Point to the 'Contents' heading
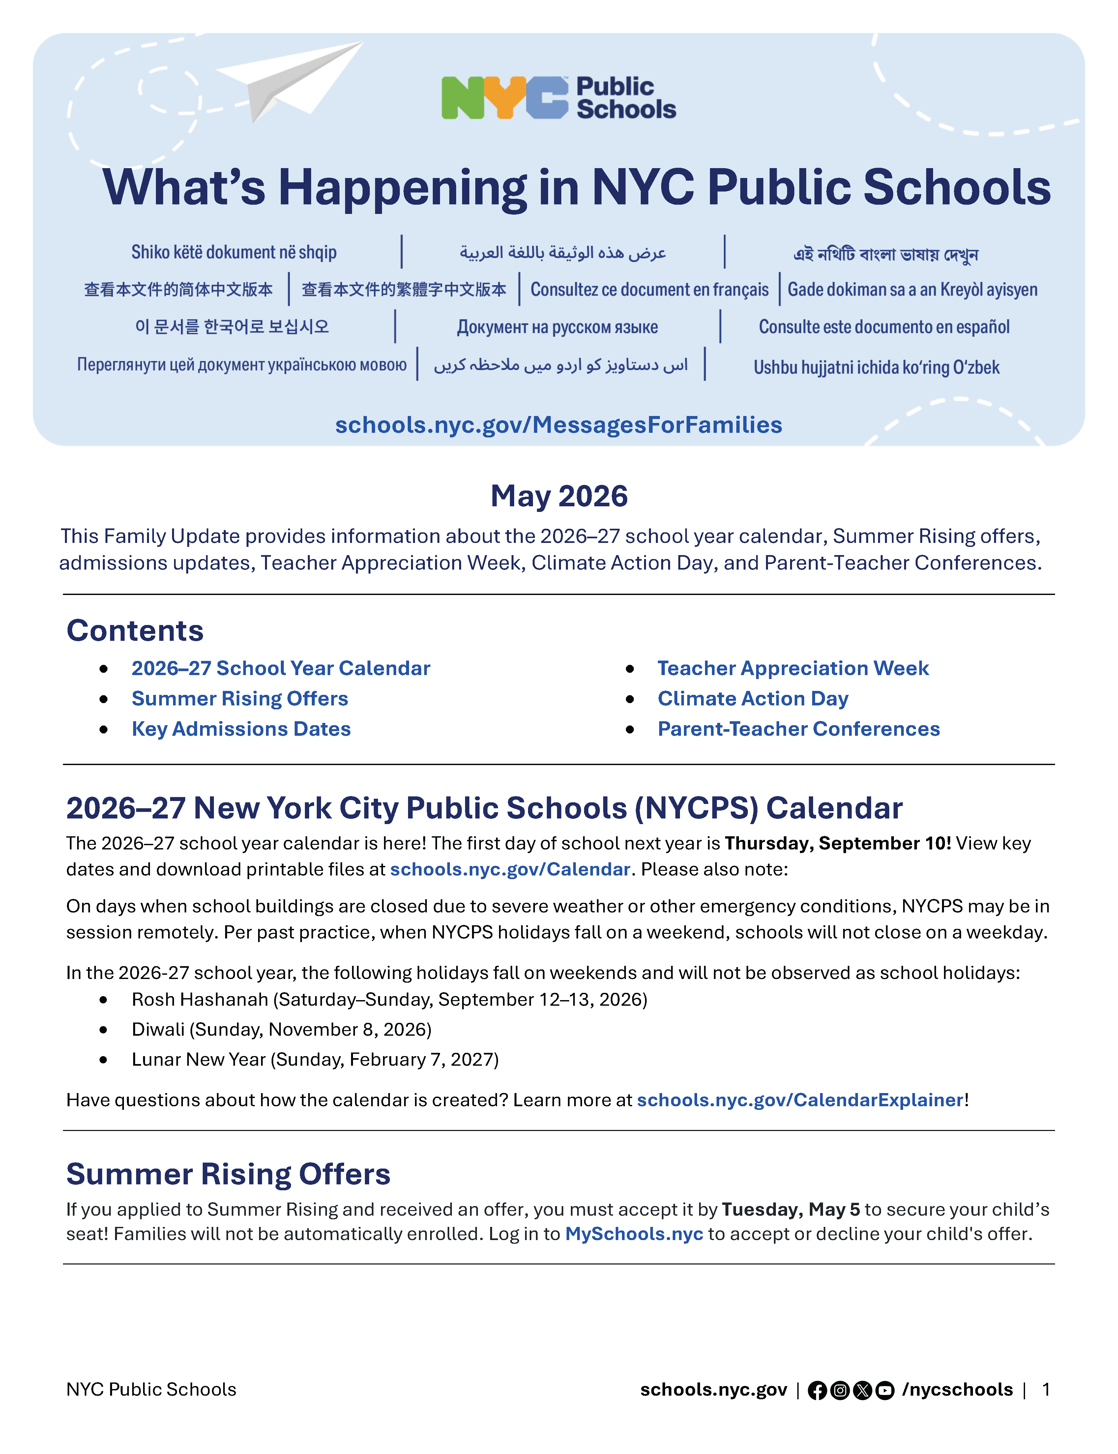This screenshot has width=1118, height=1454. [135, 630]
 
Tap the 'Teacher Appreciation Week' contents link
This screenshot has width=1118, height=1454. [793, 668]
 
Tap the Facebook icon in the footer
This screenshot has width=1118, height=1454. [817, 1390]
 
